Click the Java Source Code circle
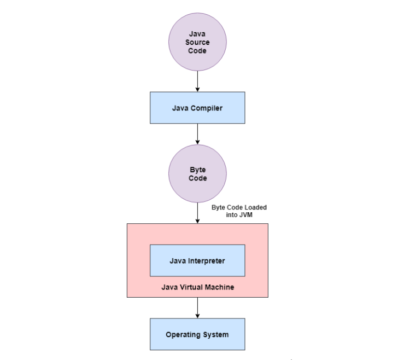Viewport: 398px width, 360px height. coord(197,43)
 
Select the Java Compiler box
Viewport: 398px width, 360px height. coord(197,108)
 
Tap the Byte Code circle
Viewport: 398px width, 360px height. coord(197,173)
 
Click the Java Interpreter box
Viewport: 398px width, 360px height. coord(197,260)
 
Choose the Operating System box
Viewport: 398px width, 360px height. coord(197,334)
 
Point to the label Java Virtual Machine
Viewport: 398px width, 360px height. coord(197,287)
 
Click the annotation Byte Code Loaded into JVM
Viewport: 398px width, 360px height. coord(239,212)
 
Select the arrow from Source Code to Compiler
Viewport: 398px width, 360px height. coord(197,82)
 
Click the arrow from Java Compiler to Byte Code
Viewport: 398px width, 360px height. coord(197,135)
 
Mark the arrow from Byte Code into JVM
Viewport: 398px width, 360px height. coord(197,213)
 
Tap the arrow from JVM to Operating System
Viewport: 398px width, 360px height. coord(197,308)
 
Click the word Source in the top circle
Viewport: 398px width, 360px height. coord(197,42)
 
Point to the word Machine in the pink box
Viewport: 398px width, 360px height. coord(220,287)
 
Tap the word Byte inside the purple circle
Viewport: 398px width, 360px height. coord(197,170)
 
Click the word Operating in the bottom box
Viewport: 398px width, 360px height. coord(184,334)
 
